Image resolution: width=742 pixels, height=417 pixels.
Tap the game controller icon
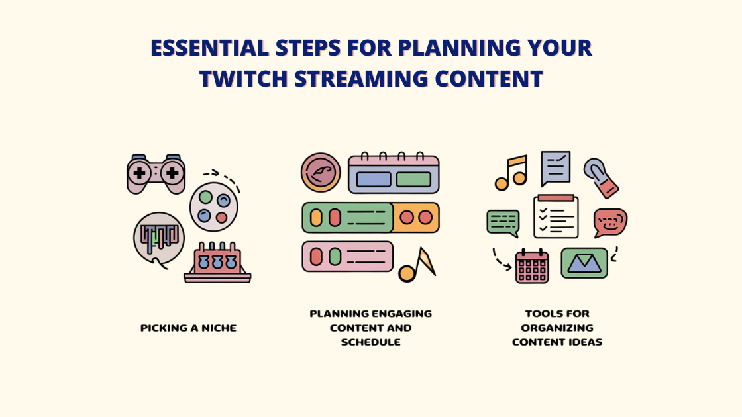156,173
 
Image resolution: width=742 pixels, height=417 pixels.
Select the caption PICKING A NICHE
188,328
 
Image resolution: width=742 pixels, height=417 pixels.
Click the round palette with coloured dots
213,207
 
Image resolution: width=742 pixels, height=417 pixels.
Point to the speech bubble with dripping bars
158,238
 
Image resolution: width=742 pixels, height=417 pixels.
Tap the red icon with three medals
217,263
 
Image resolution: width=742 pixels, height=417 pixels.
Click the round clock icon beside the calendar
321,172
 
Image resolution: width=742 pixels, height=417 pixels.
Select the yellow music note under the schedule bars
417,265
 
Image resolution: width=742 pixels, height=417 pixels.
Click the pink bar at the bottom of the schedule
347,256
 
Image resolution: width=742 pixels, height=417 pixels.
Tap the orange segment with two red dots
416,217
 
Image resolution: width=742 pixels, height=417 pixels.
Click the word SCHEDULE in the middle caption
370,342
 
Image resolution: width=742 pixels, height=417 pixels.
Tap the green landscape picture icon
584,263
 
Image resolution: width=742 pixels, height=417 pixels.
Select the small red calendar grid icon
532,265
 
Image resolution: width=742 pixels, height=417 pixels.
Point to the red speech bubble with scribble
609,222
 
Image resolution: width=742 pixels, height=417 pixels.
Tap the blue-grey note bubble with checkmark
555,167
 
